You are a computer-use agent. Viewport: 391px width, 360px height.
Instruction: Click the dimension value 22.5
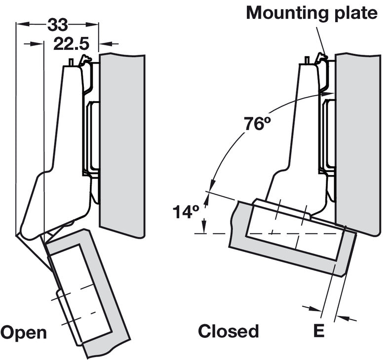pos(71,44)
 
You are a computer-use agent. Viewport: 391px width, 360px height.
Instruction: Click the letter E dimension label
pos(319,331)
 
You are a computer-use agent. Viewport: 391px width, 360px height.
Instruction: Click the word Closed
pos(228,331)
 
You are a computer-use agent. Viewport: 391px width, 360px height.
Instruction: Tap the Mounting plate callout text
pos(312,13)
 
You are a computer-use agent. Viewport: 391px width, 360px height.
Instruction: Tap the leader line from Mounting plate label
pos(318,37)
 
